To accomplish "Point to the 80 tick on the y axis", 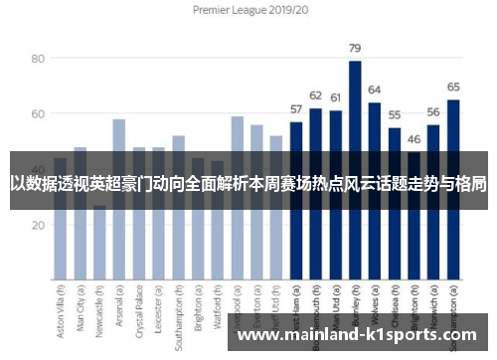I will [39, 59].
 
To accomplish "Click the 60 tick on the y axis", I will [39, 114].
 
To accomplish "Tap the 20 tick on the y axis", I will [39, 225].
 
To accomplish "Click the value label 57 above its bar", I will [295, 108].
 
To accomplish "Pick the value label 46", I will [414, 138].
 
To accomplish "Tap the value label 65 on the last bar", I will [453, 87].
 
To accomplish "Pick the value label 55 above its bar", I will [395, 114].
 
